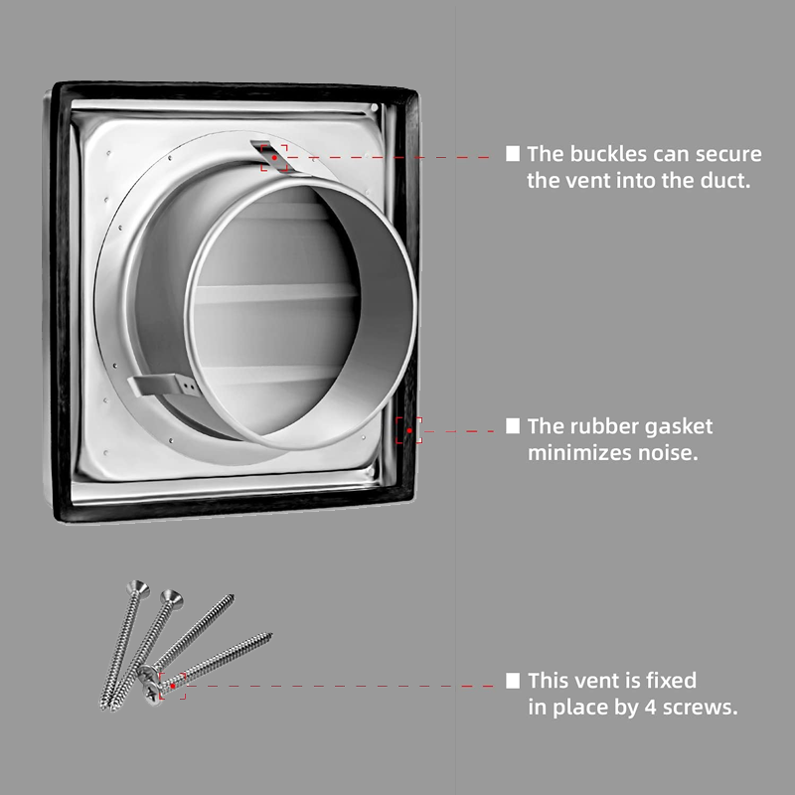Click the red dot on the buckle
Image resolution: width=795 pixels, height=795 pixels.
(x=274, y=158)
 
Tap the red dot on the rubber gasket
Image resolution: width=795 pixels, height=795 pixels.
(x=409, y=430)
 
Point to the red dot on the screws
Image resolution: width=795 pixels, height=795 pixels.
(x=172, y=686)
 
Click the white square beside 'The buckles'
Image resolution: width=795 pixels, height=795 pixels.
(x=513, y=154)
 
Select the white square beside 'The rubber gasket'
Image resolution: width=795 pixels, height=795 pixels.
(x=513, y=426)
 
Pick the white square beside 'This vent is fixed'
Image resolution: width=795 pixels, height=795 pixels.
(x=513, y=681)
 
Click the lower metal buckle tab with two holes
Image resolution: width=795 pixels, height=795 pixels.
(x=161, y=387)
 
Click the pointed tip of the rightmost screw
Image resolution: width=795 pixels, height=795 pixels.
(x=270, y=634)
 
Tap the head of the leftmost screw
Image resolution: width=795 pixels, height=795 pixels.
(x=138, y=587)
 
